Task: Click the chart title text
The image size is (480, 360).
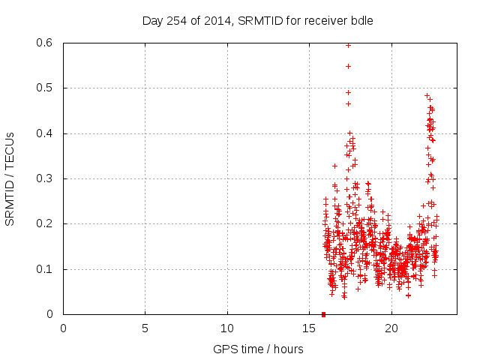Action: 257,20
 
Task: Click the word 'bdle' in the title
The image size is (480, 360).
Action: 361,20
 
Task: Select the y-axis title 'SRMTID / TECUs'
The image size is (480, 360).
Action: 10,178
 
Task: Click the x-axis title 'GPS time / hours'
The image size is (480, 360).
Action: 258,349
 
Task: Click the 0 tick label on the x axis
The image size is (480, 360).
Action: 64,328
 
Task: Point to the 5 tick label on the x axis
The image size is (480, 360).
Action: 145,328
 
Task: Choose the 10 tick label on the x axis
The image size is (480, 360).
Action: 227,328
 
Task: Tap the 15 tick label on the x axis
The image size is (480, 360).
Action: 310,328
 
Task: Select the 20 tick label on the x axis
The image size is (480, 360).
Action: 391,328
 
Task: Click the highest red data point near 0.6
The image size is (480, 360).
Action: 348,45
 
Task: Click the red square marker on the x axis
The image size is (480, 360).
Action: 323,313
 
